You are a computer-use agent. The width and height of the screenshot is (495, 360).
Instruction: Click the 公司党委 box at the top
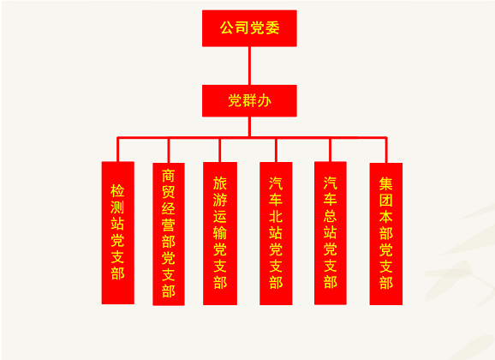[x=249, y=28]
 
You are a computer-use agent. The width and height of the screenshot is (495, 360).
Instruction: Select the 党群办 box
[x=249, y=100]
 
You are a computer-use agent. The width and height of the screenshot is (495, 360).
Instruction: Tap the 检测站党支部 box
[x=117, y=232]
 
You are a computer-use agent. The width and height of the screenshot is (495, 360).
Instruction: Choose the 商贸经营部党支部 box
[x=169, y=234]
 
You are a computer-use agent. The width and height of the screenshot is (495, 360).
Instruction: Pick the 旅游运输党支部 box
[x=220, y=234]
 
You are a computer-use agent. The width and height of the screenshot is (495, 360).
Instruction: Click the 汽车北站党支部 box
[x=276, y=234]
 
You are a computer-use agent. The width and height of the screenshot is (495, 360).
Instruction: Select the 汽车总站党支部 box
[x=331, y=233]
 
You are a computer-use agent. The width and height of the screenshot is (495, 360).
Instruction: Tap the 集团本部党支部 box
[x=385, y=234]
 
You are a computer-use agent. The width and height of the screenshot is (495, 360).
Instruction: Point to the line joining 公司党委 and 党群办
[x=249, y=66]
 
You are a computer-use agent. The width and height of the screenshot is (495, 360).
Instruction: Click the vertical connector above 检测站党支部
[x=117, y=149]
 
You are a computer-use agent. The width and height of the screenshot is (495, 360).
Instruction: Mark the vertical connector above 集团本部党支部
[x=386, y=150]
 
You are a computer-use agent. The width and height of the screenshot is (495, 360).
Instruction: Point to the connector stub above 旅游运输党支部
[x=219, y=151]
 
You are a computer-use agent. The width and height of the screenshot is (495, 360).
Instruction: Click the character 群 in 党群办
[x=249, y=101]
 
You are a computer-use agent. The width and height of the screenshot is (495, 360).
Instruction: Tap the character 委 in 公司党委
[x=272, y=27]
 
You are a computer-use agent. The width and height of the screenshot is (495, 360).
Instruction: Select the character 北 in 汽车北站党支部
[x=276, y=217]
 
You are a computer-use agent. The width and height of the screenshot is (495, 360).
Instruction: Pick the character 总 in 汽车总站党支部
[x=331, y=216]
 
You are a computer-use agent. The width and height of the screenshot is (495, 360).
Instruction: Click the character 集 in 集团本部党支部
[x=385, y=183]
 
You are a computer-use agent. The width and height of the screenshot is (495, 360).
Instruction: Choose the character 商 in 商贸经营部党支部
[x=169, y=176]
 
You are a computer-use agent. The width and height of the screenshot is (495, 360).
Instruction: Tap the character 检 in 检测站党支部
[x=117, y=190]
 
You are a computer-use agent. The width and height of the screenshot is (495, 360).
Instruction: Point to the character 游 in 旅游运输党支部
[x=220, y=200]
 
